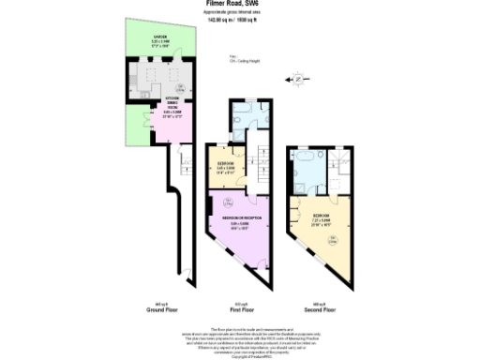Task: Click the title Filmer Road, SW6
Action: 238,4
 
